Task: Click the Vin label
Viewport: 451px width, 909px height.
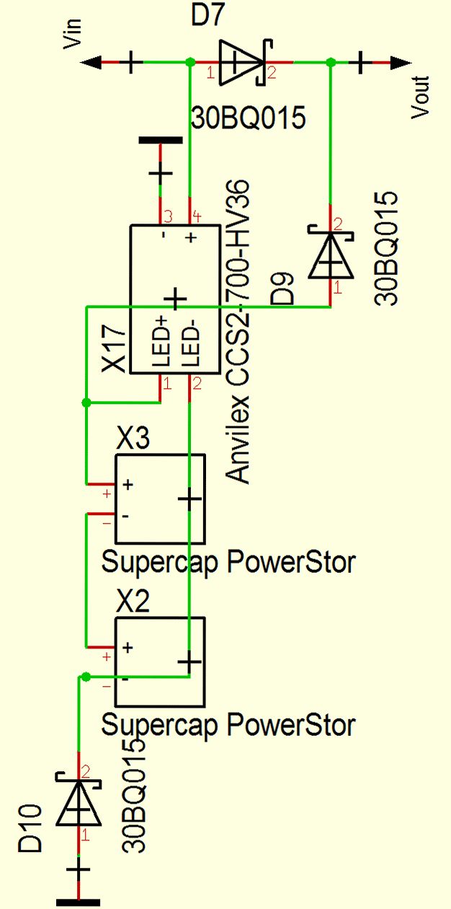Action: coord(73,34)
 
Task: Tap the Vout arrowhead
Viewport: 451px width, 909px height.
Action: coord(401,63)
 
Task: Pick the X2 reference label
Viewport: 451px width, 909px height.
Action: coord(133,602)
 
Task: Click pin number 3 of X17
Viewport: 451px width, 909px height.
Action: coord(167,216)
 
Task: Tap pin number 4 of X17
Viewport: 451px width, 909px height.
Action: coord(196,216)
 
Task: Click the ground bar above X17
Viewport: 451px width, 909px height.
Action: coord(160,141)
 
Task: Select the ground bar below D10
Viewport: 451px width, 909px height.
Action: coord(79,901)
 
